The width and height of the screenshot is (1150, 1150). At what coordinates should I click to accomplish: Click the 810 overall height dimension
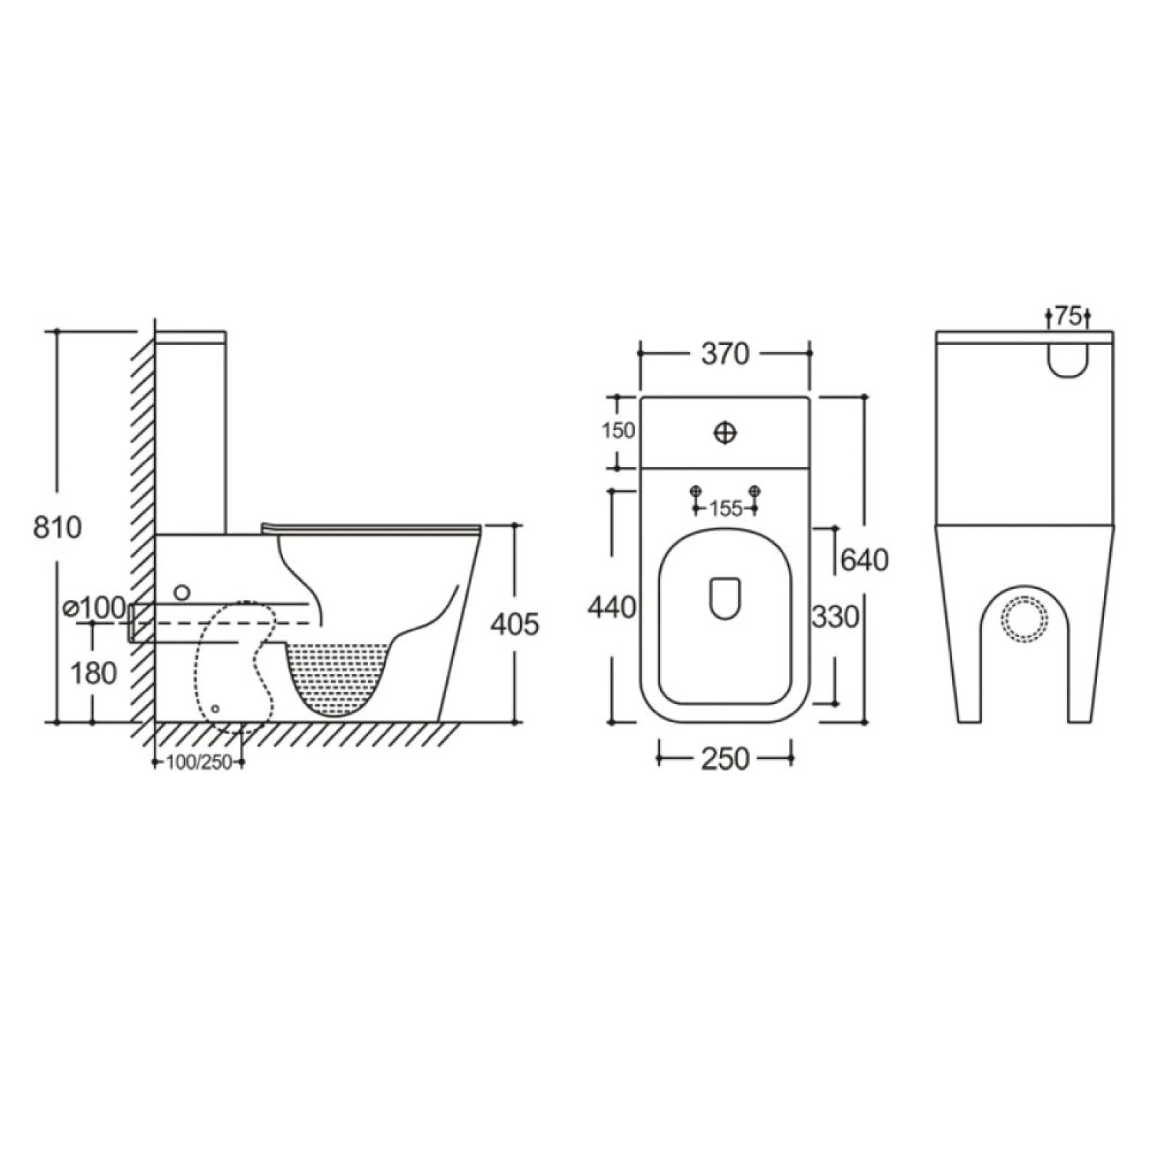click(x=58, y=527)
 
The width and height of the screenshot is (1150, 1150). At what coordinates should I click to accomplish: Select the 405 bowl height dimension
click(x=515, y=624)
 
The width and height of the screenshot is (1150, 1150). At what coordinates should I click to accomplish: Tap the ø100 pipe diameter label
click(x=95, y=607)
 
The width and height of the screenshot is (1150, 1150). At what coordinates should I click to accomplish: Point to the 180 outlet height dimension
click(x=94, y=673)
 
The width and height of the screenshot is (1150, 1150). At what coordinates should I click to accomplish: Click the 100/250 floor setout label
click(x=199, y=762)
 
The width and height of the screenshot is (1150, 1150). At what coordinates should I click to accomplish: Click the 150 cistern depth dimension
click(x=619, y=431)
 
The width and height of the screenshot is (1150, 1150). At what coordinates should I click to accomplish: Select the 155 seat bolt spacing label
click(x=725, y=508)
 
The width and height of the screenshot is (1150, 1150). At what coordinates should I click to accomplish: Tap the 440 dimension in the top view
click(x=612, y=607)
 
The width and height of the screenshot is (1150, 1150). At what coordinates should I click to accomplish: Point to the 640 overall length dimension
click(x=864, y=560)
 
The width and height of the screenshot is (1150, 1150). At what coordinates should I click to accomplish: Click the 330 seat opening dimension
click(x=835, y=616)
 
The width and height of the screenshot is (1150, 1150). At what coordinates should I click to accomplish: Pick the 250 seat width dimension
click(x=724, y=758)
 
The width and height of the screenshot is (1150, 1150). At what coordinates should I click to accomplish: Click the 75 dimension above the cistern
click(x=1068, y=316)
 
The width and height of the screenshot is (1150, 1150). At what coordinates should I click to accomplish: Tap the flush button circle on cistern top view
click(x=725, y=433)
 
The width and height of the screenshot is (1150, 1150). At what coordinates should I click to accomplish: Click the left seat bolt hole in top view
click(x=696, y=491)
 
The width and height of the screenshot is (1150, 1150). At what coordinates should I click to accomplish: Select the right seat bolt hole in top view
click(x=755, y=491)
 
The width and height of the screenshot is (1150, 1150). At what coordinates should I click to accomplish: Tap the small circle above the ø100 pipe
click(x=182, y=591)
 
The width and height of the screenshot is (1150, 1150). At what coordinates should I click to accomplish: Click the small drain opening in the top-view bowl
click(x=725, y=597)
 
